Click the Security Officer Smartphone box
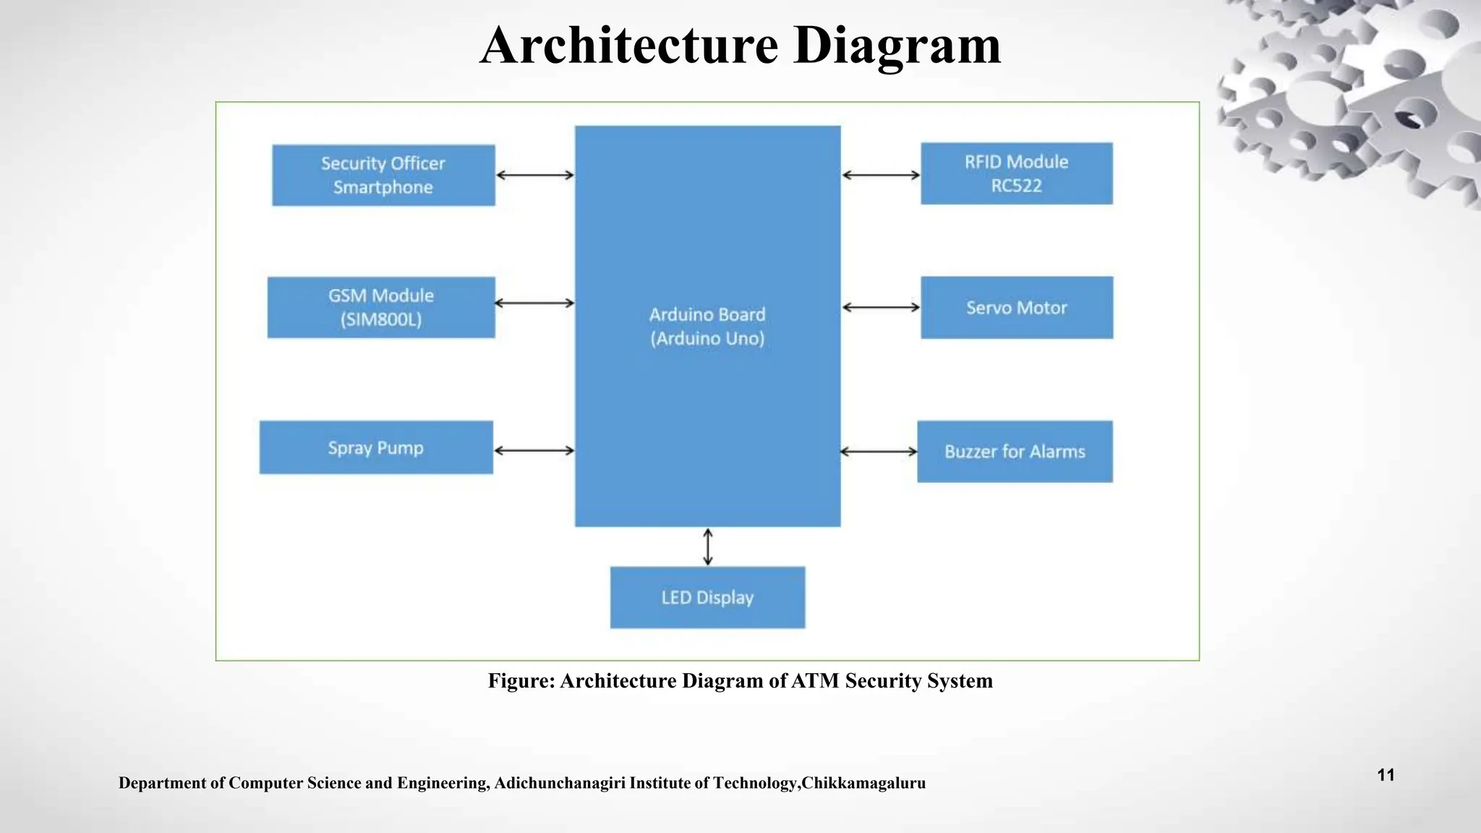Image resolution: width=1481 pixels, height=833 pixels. point(383,175)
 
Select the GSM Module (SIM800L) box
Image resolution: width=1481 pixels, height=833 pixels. point(381,307)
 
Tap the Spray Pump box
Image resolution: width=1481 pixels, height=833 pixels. point(376,448)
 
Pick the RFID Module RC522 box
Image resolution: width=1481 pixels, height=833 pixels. point(1016,174)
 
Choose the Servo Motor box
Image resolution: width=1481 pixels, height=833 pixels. point(1017,307)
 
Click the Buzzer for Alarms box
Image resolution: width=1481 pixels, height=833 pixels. point(1015,451)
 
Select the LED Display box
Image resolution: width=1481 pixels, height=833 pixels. point(707,597)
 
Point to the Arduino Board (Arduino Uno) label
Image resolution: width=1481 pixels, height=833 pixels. point(707,326)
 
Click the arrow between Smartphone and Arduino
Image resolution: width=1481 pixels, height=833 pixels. point(535,175)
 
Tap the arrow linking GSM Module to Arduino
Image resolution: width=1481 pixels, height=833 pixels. point(534,303)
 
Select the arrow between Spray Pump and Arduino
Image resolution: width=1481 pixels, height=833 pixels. point(534,450)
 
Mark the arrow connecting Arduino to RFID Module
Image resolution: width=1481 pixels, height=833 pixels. point(881,175)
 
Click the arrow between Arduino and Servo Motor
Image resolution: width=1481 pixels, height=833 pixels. point(881,307)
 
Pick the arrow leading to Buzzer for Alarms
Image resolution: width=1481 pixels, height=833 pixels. point(879,451)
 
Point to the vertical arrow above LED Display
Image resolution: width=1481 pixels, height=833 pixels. point(708,547)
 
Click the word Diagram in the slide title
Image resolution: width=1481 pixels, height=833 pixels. point(897,45)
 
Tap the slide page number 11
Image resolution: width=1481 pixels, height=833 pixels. point(1386,775)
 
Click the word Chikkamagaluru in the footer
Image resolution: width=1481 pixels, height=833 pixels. point(863,783)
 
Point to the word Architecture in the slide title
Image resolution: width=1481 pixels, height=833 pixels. point(629,45)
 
